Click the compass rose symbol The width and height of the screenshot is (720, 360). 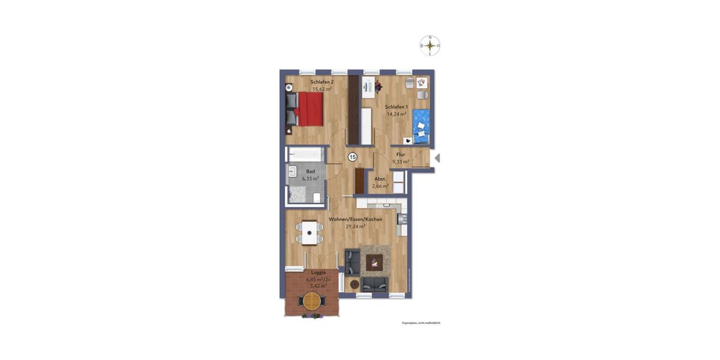(x=430, y=46)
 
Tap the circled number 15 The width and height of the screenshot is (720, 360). (x=352, y=157)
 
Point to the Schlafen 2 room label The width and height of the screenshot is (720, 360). (x=322, y=82)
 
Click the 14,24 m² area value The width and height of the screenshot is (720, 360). (x=396, y=113)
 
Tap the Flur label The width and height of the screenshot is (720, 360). (x=401, y=155)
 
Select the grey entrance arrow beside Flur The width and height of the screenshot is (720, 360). (x=437, y=158)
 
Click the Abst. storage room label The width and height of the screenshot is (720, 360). (x=380, y=179)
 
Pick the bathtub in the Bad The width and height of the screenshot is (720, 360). (x=305, y=155)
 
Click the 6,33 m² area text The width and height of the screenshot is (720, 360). (x=310, y=178)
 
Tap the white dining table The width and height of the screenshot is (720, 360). (x=310, y=232)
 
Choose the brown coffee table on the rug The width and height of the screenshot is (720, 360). (x=376, y=261)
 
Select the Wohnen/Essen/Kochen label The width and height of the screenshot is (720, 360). (x=355, y=220)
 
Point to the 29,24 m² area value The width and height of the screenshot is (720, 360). (x=355, y=227)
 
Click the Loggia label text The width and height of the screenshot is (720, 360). (x=310, y=272)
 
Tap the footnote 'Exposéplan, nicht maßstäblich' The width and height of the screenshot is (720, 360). (x=421, y=323)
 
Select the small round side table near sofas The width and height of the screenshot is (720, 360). (x=354, y=284)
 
